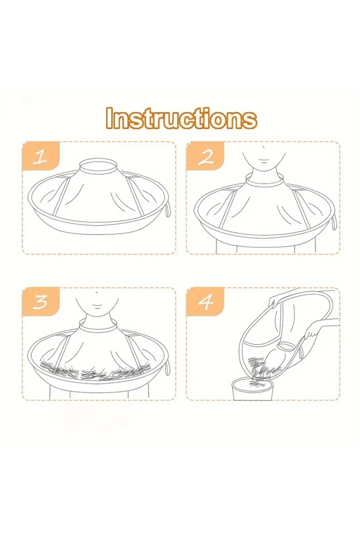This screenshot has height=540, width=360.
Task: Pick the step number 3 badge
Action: click(41, 302)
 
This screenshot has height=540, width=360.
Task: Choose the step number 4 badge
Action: click(205, 302)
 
